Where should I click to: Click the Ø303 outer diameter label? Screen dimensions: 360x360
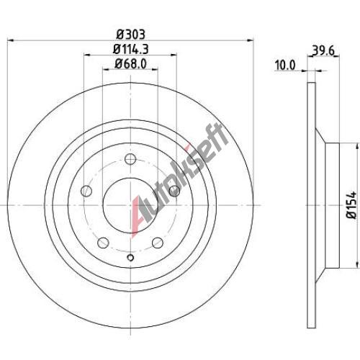point(131,35)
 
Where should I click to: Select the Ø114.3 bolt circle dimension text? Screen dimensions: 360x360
point(131,49)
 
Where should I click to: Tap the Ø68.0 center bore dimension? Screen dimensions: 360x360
point(130,64)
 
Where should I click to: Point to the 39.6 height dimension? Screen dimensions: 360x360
point(323,50)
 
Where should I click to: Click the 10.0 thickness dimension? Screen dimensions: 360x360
point(285,66)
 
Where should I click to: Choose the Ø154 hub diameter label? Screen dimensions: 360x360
point(351,204)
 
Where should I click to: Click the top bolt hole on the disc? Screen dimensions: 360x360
point(130,159)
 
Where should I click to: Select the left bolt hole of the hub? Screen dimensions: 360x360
point(86,191)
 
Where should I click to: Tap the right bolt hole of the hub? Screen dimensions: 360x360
point(174,191)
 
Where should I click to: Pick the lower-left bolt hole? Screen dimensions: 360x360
point(103,243)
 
